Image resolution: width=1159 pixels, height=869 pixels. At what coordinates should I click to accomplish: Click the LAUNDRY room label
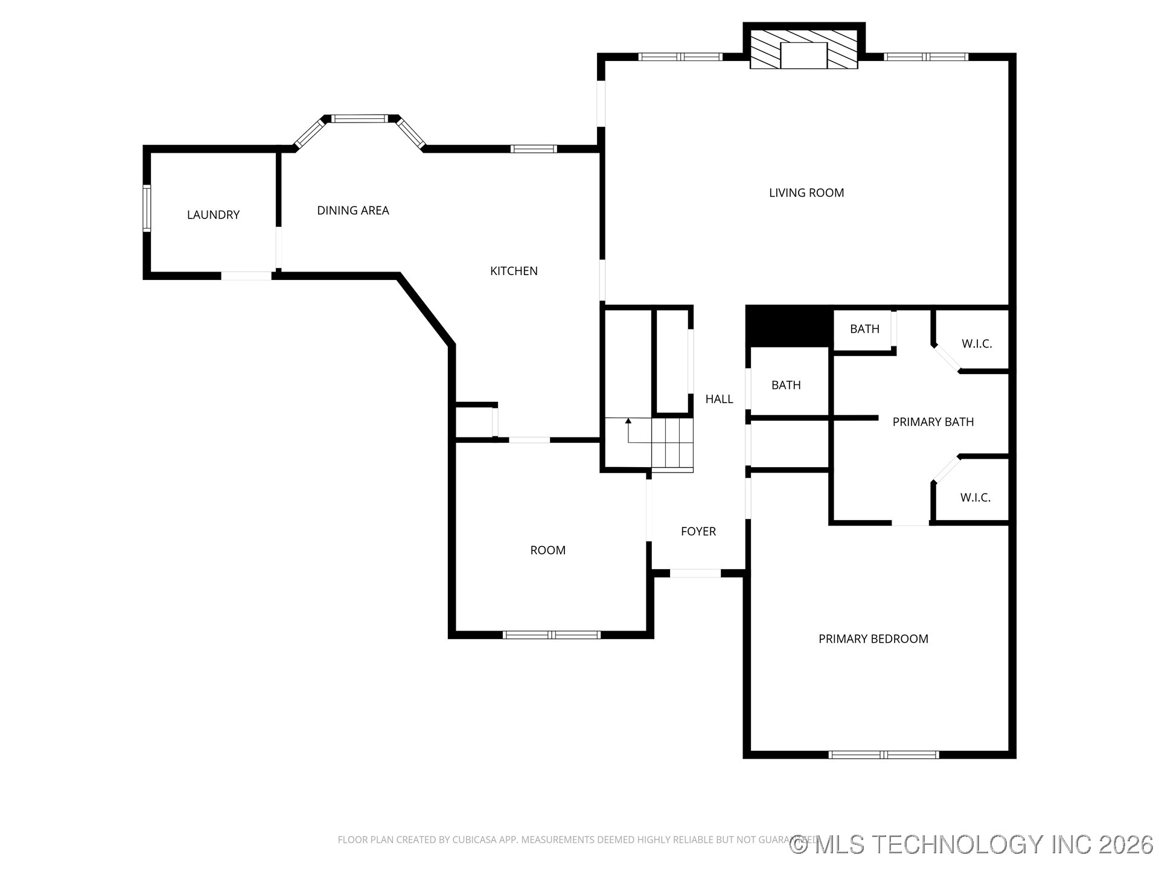(213, 215)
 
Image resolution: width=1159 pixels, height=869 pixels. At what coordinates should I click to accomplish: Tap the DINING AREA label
(353, 211)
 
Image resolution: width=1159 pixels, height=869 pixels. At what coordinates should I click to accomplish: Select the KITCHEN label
(514, 271)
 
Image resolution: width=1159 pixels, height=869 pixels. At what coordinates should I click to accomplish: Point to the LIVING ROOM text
(806, 193)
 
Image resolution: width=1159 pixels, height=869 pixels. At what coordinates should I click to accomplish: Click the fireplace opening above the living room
(803, 55)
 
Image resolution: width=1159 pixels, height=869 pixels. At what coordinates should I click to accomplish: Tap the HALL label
(719, 399)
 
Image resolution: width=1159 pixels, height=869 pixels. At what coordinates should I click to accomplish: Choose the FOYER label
(698, 532)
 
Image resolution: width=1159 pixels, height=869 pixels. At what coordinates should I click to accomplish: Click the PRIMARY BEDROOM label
(873, 639)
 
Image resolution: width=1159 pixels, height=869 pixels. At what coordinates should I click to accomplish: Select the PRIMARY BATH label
(933, 422)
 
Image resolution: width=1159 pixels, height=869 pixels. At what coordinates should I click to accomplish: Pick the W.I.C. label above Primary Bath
(976, 344)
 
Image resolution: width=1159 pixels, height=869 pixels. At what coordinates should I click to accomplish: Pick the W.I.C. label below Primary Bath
(975, 498)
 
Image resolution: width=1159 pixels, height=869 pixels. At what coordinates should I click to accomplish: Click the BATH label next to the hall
(786, 385)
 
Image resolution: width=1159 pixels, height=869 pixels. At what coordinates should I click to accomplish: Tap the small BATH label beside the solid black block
(864, 329)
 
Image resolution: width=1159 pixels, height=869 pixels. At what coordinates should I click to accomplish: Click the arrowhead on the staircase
(628, 420)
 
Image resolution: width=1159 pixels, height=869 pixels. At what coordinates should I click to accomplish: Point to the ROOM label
(548, 550)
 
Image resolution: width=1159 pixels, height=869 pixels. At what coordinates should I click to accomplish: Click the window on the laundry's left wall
(146, 208)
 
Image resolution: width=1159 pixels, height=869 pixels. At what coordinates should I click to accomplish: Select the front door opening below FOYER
(695, 573)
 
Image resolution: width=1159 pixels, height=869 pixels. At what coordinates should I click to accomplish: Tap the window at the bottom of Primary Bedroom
(884, 754)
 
